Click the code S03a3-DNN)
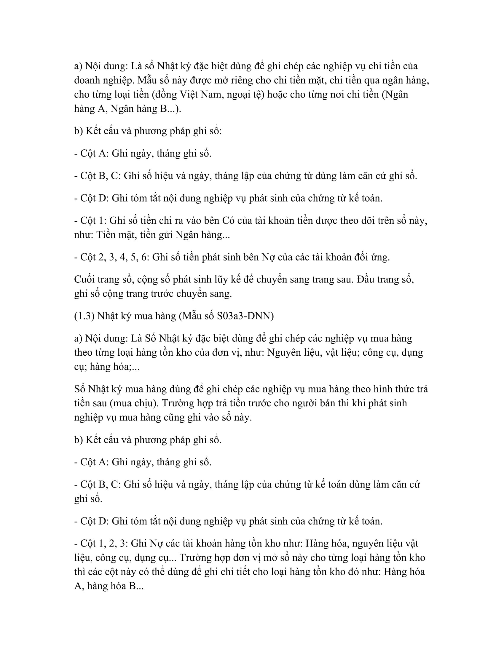pos(245,316)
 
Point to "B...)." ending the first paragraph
pos(170,109)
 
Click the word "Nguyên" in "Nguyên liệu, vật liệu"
pos(283,353)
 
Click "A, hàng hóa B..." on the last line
pos(109,586)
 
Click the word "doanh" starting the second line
pos(86,80)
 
